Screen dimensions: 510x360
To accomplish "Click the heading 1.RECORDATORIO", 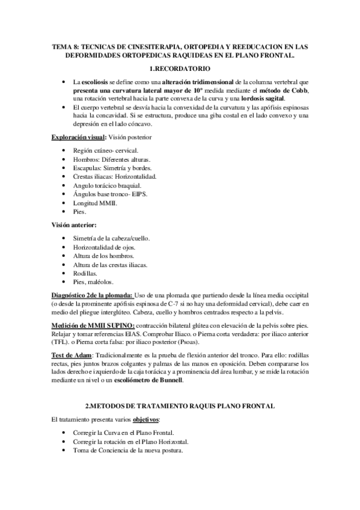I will [x=180, y=69].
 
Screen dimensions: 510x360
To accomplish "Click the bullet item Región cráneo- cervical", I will [x=105, y=150].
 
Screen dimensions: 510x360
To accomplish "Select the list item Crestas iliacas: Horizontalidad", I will [x=114, y=177].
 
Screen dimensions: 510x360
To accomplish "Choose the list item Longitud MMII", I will [x=95, y=203].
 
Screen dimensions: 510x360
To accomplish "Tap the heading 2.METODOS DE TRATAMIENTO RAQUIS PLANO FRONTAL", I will [x=180, y=407].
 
